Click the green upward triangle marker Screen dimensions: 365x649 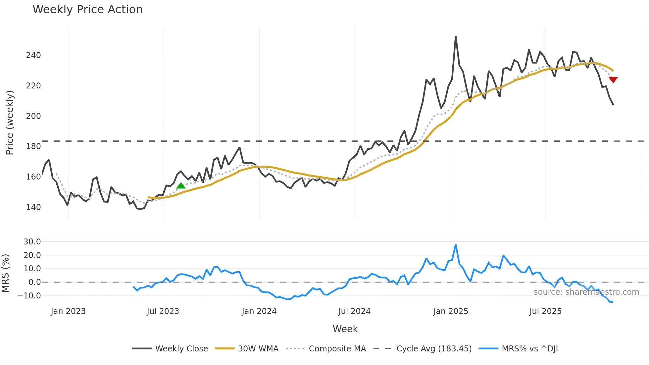point(181,185)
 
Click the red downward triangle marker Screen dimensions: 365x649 point(613,79)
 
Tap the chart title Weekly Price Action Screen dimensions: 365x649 point(87,10)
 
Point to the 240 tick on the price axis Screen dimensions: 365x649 point(33,55)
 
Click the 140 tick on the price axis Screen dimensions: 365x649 point(33,207)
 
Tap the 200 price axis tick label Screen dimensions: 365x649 point(33,116)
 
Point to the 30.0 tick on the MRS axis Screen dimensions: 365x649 point(32,242)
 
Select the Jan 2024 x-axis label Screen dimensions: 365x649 point(259,311)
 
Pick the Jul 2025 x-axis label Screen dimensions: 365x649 point(545,311)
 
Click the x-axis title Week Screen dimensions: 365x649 point(345,329)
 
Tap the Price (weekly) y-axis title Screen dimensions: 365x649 point(10,123)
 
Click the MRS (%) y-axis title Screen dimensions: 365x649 point(6,273)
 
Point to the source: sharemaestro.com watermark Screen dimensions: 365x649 point(586,292)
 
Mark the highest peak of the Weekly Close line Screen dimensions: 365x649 point(456,37)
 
